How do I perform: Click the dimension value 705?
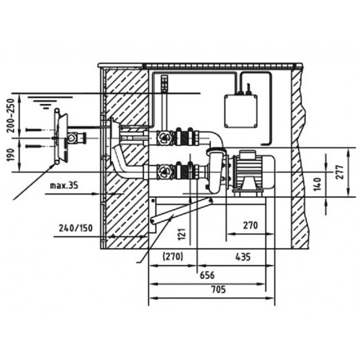(219, 289)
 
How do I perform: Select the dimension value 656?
(207, 275)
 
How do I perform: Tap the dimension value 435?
(243, 257)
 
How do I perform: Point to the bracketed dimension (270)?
(173, 257)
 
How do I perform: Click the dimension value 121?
(182, 234)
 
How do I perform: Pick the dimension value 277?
(340, 172)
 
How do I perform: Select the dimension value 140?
(317, 184)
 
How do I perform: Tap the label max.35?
(64, 185)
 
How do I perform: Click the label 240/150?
(76, 228)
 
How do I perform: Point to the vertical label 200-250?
(10, 115)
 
